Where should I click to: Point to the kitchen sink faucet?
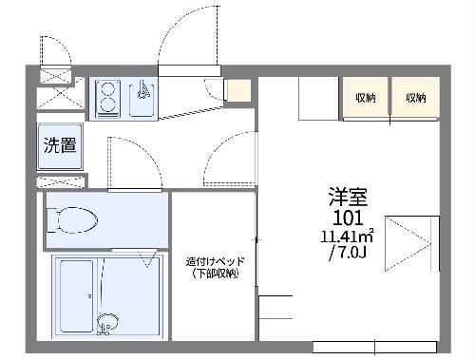tap(142, 91)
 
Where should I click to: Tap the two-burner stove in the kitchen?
tap(106, 97)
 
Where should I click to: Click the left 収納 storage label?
tap(365, 98)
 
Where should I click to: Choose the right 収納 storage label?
tap(415, 98)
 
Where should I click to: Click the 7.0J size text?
tap(348, 254)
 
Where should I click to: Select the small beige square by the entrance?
tap(237, 90)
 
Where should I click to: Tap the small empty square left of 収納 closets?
tap(319, 97)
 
